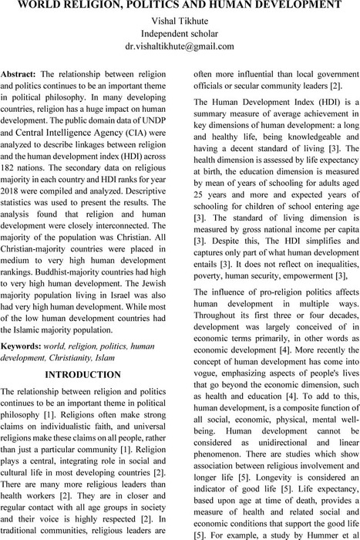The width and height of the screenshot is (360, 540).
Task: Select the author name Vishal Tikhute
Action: point(180,19)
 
